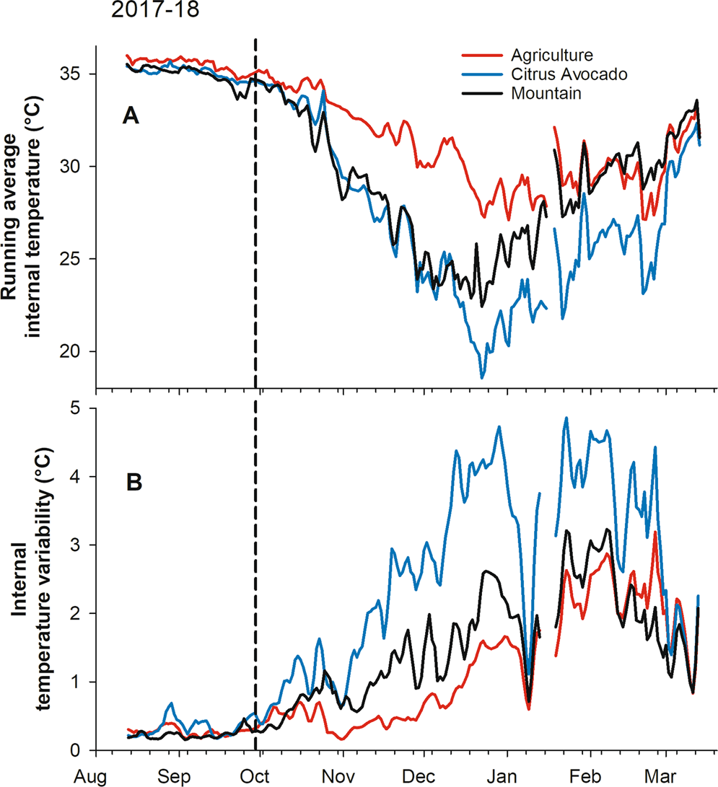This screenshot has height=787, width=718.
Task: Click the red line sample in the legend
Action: pyautogui.click(x=481, y=55)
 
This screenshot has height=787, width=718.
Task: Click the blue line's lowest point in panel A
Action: pyautogui.click(x=482, y=377)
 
